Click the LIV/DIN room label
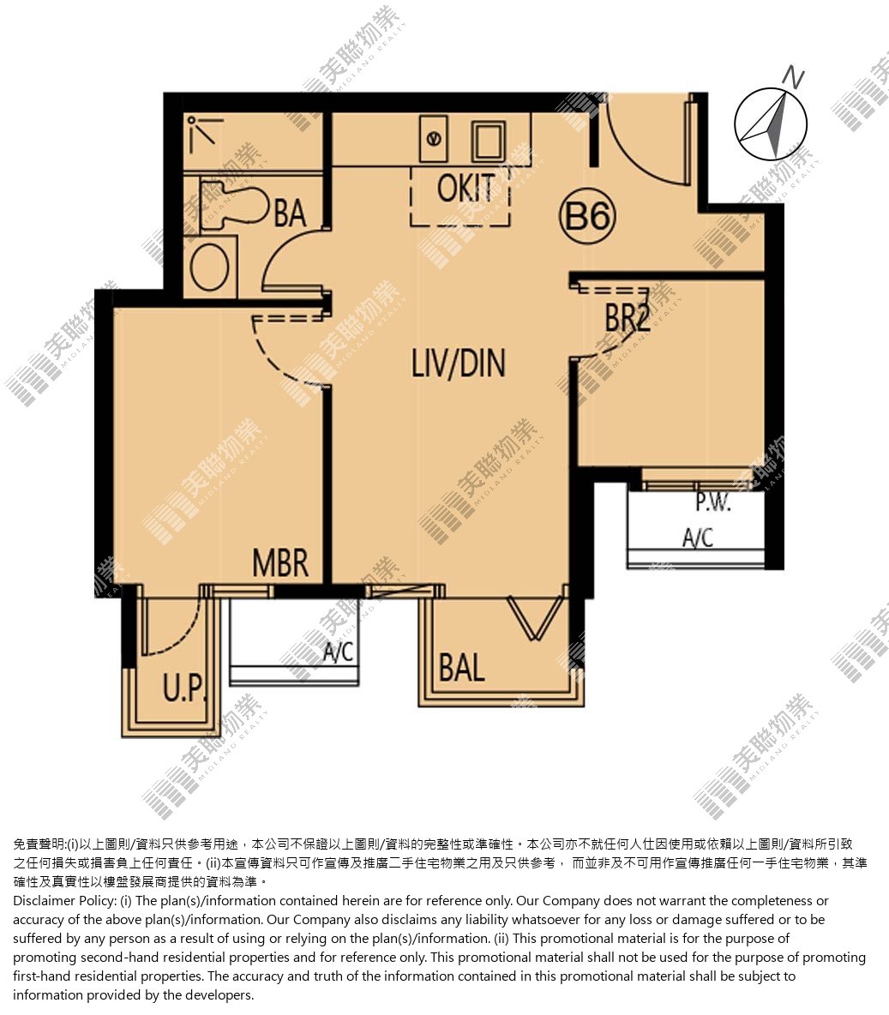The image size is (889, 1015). (459, 363)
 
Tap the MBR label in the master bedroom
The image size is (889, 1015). (279, 563)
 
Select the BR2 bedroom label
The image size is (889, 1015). (627, 318)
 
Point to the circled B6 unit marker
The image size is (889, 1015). (587, 215)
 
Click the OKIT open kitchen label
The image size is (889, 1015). (466, 189)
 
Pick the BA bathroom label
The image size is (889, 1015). (290, 213)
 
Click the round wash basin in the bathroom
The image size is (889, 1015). (210, 267)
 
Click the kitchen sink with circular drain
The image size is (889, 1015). (434, 138)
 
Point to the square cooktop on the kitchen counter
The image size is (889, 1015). (489, 141)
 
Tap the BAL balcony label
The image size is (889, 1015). (462, 668)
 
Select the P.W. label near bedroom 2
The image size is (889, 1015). (713, 501)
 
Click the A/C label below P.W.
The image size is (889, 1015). (698, 538)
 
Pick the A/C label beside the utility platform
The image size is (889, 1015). (339, 652)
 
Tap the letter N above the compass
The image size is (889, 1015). (793, 77)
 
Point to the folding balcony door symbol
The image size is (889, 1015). (533, 618)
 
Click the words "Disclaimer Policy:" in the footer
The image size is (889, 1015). (72, 901)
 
